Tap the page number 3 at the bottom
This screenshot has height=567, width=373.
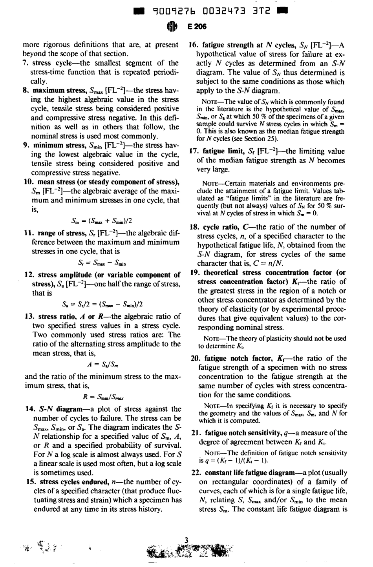point(186,540)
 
